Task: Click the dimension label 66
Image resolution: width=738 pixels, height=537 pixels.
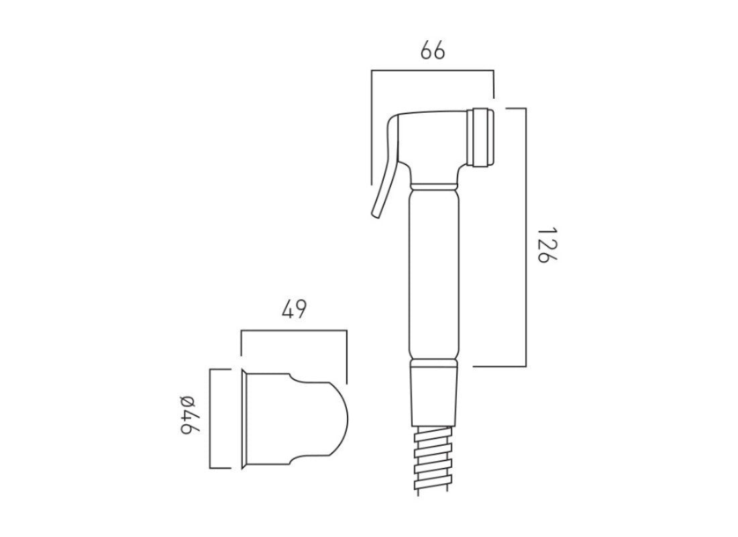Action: (x=433, y=51)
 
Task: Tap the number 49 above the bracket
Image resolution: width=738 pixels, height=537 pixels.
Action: (x=294, y=310)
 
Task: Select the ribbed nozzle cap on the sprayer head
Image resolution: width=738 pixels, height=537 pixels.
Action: (x=484, y=137)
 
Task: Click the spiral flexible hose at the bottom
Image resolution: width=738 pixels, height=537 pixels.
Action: (x=433, y=460)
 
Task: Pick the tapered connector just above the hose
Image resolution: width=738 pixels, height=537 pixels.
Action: (x=433, y=396)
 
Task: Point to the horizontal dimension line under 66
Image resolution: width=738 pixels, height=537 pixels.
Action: (x=433, y=69)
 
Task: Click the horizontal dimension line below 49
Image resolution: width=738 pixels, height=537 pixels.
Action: (x=294, y=330)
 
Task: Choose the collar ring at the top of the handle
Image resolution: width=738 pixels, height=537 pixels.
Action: (x=434, y=183)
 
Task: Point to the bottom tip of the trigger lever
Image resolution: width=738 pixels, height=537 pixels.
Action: (x=374, y=213)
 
